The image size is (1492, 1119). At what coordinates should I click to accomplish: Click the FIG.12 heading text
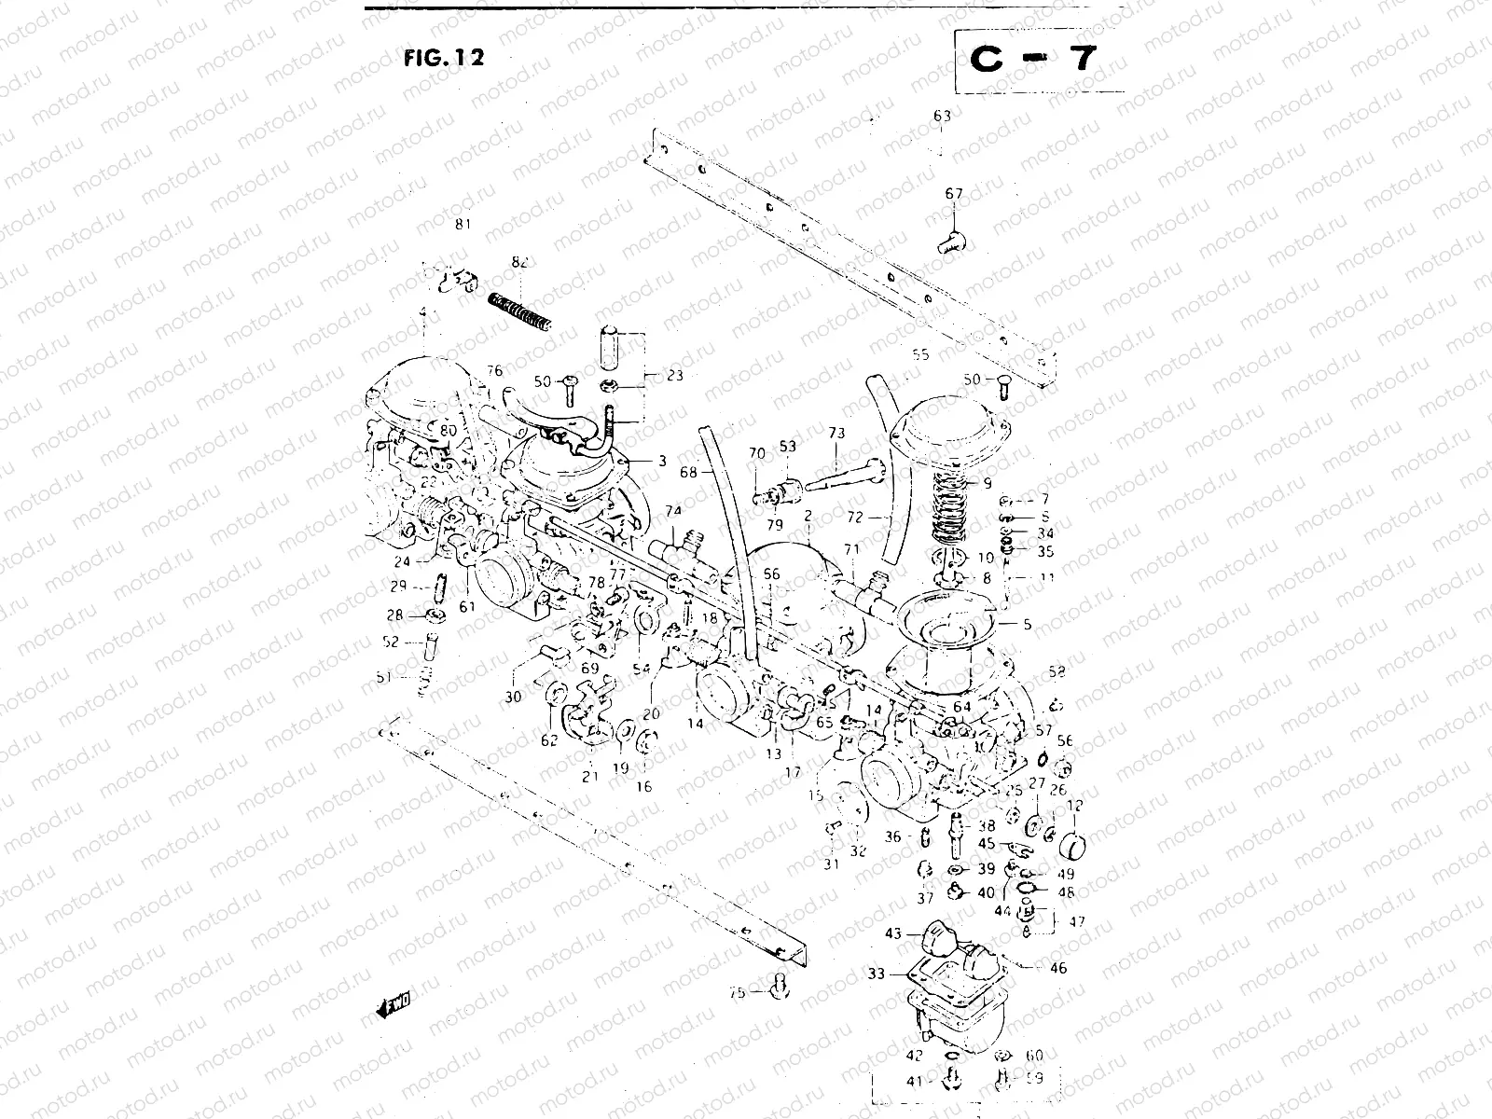tap(444, 58)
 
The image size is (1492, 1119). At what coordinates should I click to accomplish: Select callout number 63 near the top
tap(942, 117)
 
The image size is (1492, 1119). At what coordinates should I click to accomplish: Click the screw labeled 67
tap(950, 241)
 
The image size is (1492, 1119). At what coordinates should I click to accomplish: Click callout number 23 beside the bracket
tap(674, 377)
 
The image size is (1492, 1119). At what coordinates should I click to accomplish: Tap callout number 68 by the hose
tap(688, 472)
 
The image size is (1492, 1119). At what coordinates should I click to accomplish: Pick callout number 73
tap(836, 434)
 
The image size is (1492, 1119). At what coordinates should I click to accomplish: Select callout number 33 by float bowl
tap(875, 974)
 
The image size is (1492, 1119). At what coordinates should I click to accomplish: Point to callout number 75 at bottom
tap(737, 994)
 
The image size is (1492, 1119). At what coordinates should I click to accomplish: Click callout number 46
tap(1057, 969)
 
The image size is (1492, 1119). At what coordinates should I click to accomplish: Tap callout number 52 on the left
tap(390, 642)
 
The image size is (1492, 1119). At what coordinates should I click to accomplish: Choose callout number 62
tap(549, 740)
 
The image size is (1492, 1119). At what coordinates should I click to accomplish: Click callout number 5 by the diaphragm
tap(1028, 625)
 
